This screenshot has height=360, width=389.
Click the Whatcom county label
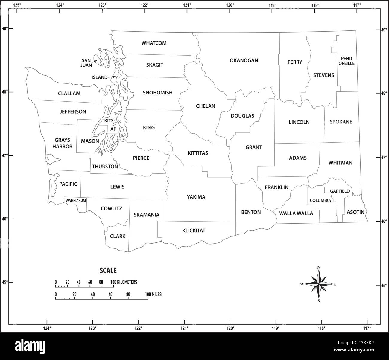[154, 43]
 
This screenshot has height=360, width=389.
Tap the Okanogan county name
[244, 60]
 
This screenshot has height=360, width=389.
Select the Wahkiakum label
[76, 200]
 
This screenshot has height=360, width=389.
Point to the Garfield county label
[340, 191]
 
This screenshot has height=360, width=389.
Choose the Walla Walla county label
[296, 213]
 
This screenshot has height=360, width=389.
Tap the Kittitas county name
[197, 153]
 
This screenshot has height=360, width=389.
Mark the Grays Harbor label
[62, 143]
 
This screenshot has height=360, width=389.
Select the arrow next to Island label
[112, 77]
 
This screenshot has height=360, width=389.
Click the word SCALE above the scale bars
[108, 271]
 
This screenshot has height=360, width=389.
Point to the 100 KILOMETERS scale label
[124, 282]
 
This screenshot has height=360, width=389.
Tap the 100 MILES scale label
[153, 295]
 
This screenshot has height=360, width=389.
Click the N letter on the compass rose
[319, 267]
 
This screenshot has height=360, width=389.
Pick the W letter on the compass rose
[302, 284]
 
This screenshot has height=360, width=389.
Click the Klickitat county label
[194, 231]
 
